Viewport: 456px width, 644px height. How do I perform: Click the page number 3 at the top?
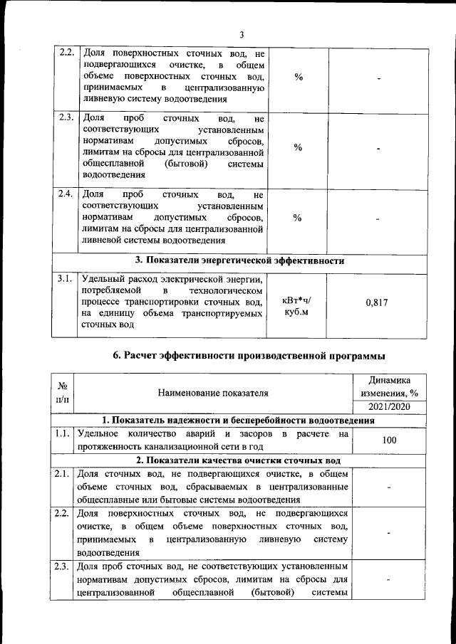point(242,34)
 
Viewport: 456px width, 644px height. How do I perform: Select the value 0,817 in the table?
point(376,302)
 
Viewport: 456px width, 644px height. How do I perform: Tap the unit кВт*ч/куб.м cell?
point(296,306)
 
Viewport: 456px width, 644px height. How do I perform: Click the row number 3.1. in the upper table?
point(66,279)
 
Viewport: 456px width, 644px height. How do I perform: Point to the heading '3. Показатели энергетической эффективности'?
point(240,261)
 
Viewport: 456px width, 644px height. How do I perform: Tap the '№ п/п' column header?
point(62,392)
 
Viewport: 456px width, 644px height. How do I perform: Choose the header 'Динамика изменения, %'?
point(389,386)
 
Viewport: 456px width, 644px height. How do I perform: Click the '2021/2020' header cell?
point(389,406)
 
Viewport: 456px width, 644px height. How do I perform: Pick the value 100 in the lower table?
point(389,440)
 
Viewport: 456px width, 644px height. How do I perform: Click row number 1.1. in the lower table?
point(62,433)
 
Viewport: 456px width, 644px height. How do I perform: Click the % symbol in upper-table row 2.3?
point(298,147)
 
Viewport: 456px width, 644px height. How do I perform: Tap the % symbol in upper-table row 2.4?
point(298,218)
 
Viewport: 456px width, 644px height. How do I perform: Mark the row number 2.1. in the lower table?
point(62,473)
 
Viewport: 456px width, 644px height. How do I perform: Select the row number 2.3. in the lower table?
point(62,567)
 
